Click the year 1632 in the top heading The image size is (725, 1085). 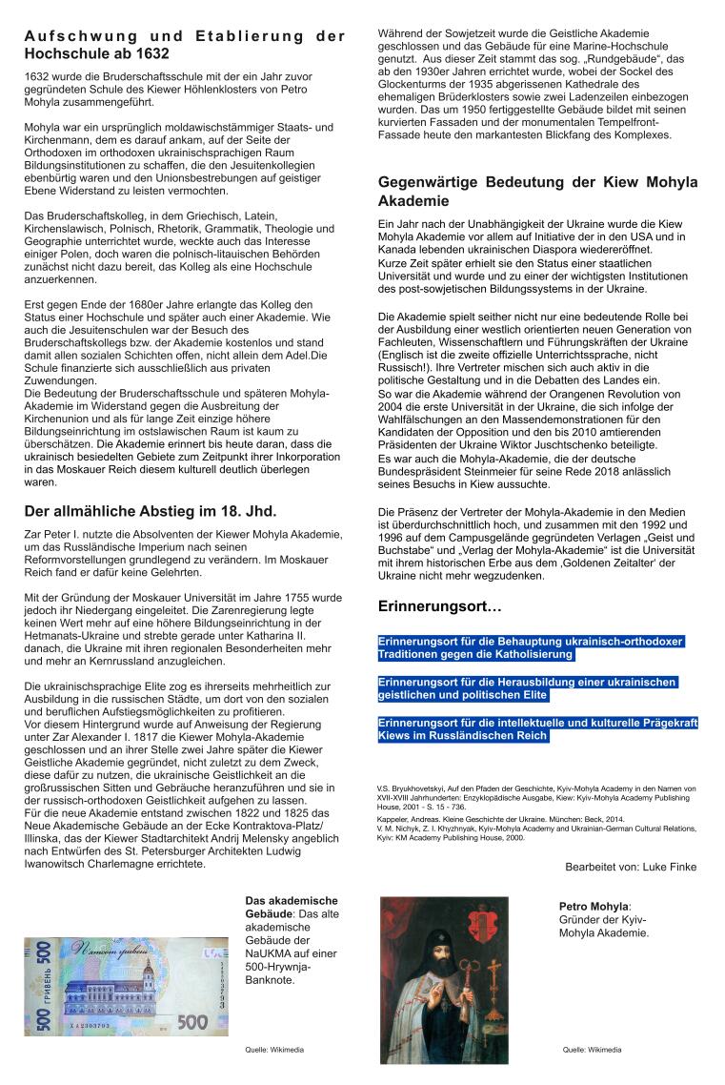point(154,54)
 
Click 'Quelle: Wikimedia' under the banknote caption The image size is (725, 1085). point(274,1049)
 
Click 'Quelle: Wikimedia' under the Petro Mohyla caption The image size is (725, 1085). point(592,1049)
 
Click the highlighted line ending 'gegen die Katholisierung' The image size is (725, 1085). point(476,655)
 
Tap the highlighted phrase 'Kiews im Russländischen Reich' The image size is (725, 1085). point(463,736)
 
